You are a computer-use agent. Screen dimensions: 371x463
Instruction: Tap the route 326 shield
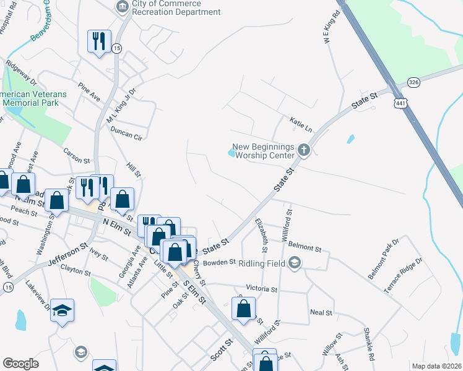pos(414,82)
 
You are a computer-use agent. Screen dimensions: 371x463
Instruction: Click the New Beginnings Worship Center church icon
pos(303,149)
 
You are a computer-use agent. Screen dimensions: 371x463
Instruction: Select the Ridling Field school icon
pos(295,263)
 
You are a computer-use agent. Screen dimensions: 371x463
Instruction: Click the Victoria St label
pos(261,289)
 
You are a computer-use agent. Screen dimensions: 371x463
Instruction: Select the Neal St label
pos(321,312)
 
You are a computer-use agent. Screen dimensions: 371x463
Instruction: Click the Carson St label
pos(77,155)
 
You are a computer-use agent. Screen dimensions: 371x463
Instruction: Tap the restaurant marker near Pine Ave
pos(99,42)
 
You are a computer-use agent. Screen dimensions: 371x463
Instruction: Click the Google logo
pos(20,364)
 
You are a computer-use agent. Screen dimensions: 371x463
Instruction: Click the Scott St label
pos(221,349)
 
